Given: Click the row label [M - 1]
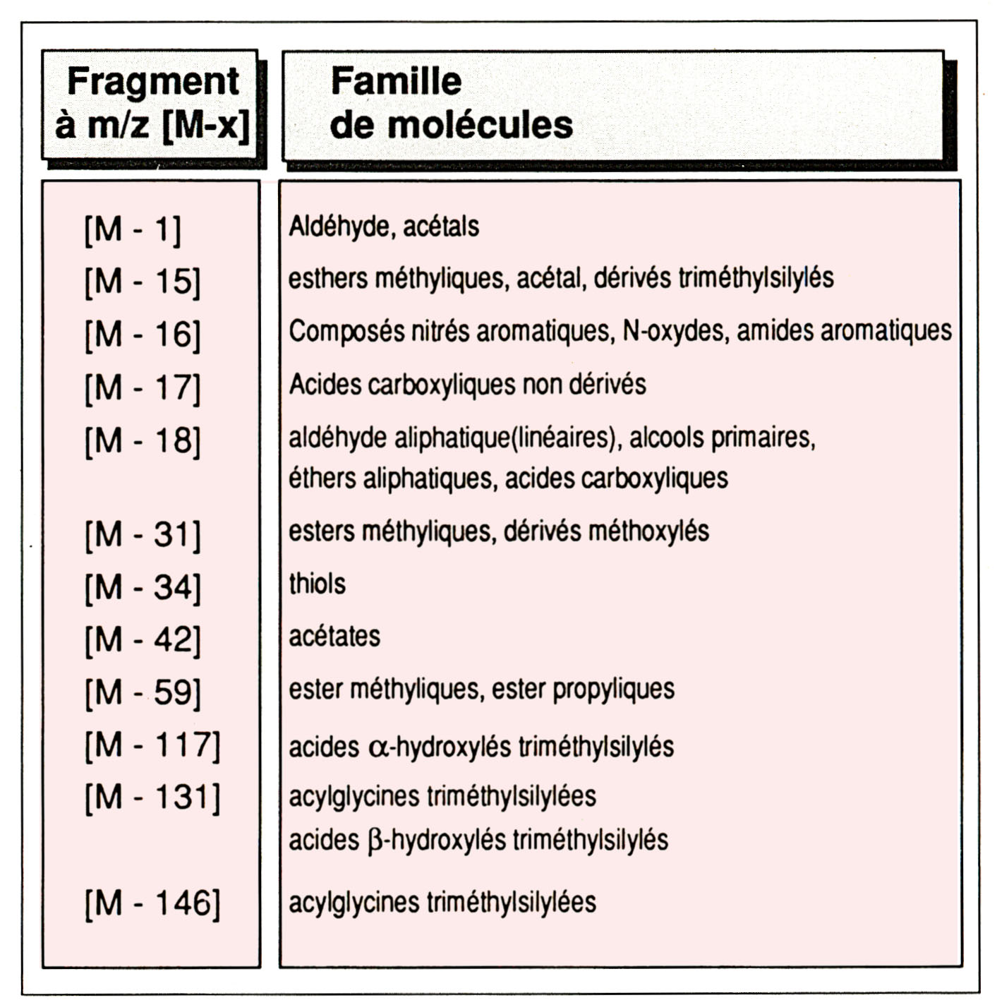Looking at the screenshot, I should click(132, 229).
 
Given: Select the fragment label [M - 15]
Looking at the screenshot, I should click(142, 282).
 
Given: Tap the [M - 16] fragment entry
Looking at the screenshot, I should click(142, 335).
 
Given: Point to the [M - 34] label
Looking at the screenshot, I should click(142, 587).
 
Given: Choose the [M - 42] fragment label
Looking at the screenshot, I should click(142, 640).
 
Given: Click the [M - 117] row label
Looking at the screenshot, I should click(152, 745).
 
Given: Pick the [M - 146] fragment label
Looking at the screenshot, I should click(152, 903).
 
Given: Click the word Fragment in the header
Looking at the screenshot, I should click(152, 81).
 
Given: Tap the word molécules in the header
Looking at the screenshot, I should click(480, 125).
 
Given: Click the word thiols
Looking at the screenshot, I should click(317, 584).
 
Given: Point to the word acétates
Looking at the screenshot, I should click(334, 637).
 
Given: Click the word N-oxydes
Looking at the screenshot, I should click(675, 330).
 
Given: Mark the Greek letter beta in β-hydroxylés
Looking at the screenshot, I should click(375, 841).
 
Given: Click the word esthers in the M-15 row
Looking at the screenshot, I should click(327, 278).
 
